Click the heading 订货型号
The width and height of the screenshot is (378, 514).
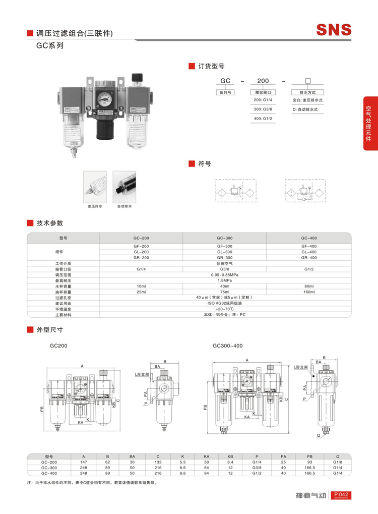(x=211, y=66)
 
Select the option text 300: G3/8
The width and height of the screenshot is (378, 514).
(x=263, y=109)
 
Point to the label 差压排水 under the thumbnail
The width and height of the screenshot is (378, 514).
(x=95, y=206)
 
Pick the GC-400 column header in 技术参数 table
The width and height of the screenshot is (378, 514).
(x=308, y=237)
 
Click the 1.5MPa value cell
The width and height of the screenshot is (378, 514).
(x=225, y=280)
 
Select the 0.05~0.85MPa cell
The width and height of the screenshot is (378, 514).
(x=225, y=274)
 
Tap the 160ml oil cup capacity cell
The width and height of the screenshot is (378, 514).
(x=308, y=292)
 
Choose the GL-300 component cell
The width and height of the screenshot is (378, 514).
(x=225, y=252)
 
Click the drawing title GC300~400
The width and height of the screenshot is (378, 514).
(x=227, y=346)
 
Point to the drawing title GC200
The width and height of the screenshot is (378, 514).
(x=58, y=346)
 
